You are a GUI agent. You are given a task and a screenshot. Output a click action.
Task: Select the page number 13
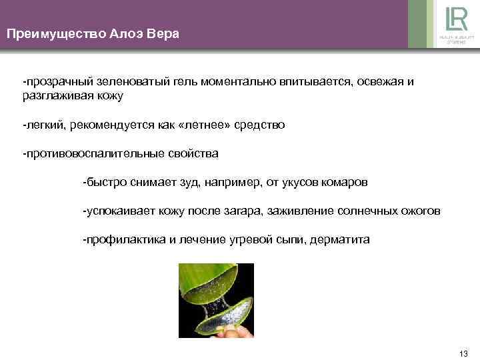pos(464,353)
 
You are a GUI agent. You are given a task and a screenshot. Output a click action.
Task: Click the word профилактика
pos(119,240)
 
